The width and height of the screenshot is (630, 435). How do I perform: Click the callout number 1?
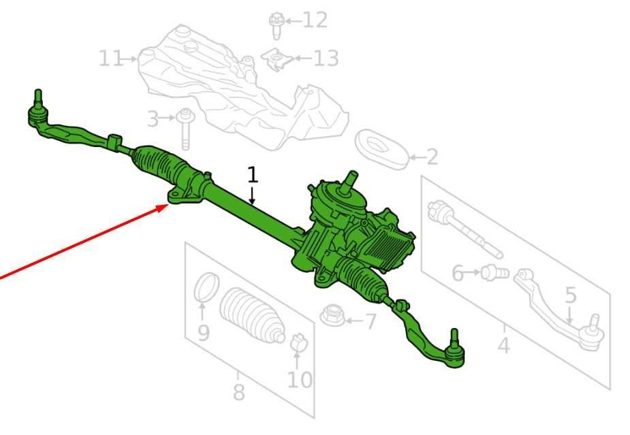[x=253, y=174]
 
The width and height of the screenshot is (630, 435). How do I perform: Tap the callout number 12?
[x=315, y=20]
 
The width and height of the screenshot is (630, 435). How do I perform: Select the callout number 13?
[x=325, y=59]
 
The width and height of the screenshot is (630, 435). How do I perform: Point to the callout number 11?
[x=111, y=59]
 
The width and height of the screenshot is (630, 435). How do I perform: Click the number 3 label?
[x=153, y=120]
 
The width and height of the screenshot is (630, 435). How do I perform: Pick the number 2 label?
[x=432, y=158]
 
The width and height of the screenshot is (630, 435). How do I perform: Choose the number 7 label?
[x=370, y=321]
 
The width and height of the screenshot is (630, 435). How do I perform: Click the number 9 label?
[x=203, y=333]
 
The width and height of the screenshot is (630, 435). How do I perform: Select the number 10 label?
[x=300, y=378]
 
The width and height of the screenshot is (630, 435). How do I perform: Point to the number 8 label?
[x=238, y=393]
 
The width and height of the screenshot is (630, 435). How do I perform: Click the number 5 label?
[x=571, y=295]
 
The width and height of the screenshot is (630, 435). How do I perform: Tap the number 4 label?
[x=503, y=346]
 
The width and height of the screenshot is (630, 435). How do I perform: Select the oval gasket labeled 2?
[x=381, y=147]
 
